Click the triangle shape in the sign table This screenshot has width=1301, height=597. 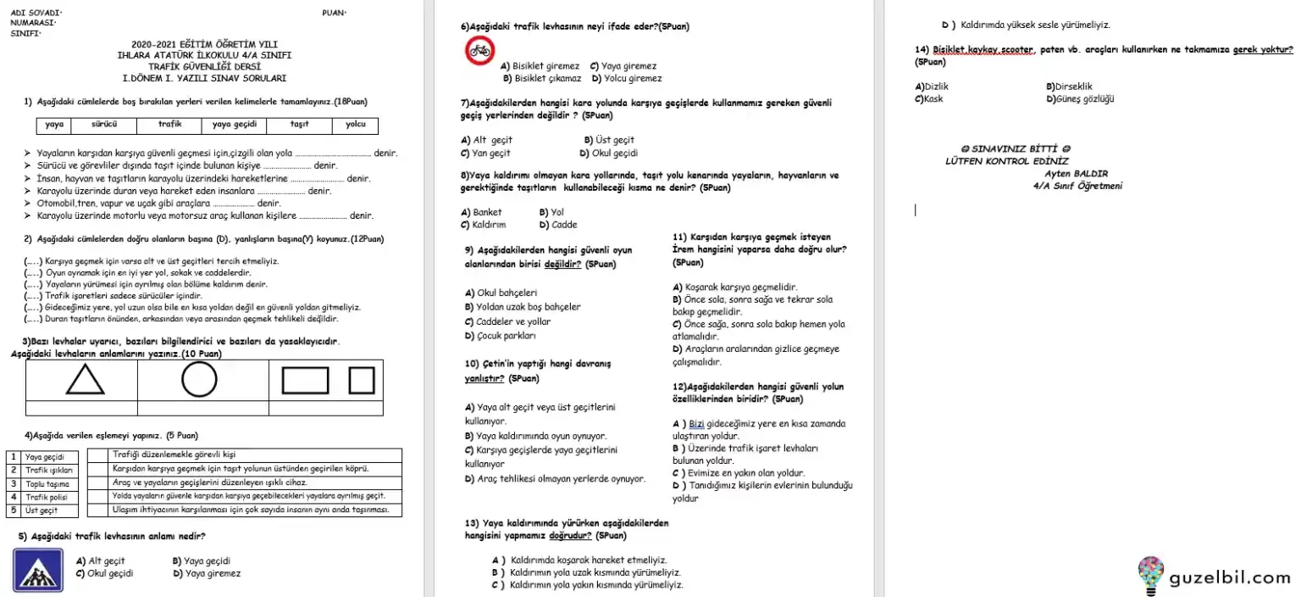point(86,380)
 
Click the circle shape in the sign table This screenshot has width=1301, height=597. point(199,380)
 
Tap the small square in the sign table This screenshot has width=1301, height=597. point(362,380)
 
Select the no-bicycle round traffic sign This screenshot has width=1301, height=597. point(479,51)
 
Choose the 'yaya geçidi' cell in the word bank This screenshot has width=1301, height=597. point(234,125)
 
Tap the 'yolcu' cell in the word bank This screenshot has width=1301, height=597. point(356,125)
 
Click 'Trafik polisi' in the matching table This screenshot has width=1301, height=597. point(46,498)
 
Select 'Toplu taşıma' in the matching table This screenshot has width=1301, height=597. point(47,484)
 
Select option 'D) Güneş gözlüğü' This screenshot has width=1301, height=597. point(1080,98)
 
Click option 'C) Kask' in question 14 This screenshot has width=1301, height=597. point(929,98)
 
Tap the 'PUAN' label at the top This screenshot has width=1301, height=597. point(334,13)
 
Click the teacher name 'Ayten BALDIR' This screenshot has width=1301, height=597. point(1077,174)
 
